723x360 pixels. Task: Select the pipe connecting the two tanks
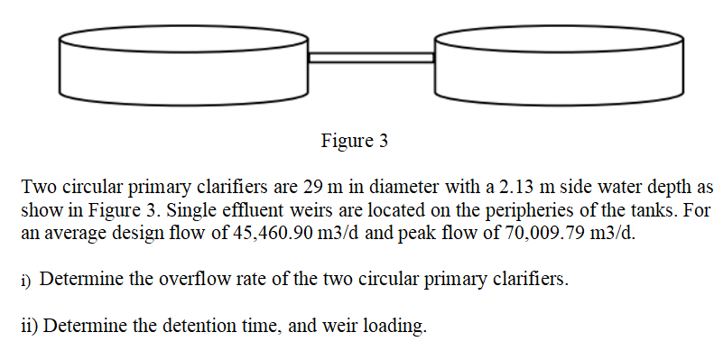click(x=371, y=57)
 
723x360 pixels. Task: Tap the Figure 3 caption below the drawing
click(x=354, y=142)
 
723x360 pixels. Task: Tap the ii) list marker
click(x=30, y=325)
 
